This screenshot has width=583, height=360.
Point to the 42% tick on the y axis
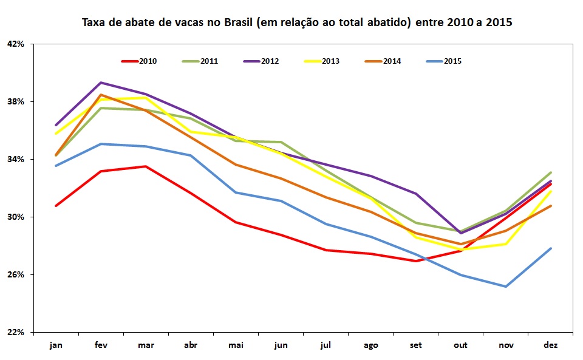(16, 44)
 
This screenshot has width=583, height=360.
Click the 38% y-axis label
(16, 101)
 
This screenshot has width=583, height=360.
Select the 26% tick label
(16, 275)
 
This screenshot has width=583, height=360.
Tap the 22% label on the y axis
(16, 333)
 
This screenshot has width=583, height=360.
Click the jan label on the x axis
(56, 345)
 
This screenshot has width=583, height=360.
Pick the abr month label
(191, 345)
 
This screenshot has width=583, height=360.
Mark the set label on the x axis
(416, 345)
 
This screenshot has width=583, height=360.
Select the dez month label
(551, 345)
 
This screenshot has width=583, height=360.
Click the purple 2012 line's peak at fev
(101, 83)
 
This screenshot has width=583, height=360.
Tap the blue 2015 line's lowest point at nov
(506, 287)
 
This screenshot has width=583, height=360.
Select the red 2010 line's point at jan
(56, 206)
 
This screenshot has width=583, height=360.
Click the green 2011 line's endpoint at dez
(551, 172)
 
